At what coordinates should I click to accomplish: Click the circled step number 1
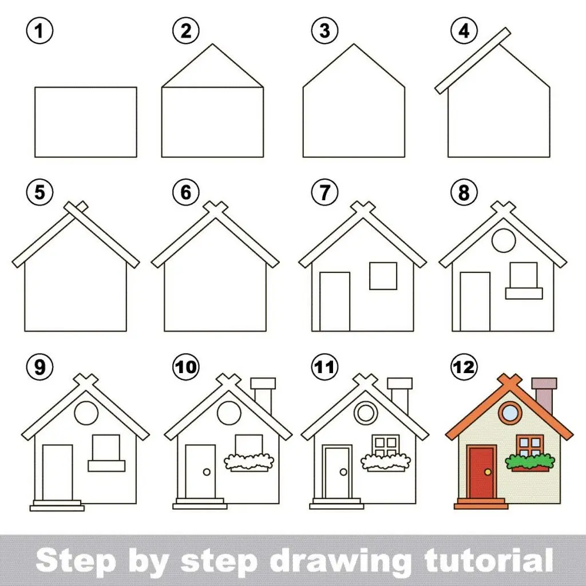click(39, 31)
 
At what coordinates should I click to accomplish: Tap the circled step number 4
click(464, 31)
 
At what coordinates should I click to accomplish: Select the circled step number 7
click(325, 192)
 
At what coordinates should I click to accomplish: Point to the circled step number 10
click(186, 367)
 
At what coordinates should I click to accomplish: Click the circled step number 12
click(464, 367)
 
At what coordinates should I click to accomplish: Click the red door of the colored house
click(482, 472)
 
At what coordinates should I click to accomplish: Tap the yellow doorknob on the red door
click(488, 472)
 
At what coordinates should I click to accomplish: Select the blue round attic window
click(510, 413)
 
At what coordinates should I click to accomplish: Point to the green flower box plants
click(529, 461)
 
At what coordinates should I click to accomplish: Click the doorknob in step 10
click(207, 472)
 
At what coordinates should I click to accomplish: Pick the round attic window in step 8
click(504, 240)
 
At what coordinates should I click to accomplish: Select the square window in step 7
click(383, 276)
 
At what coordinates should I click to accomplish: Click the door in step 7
click(335, 302)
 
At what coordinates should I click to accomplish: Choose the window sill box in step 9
click(106, 466)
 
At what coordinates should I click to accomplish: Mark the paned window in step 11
click(386, 445)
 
